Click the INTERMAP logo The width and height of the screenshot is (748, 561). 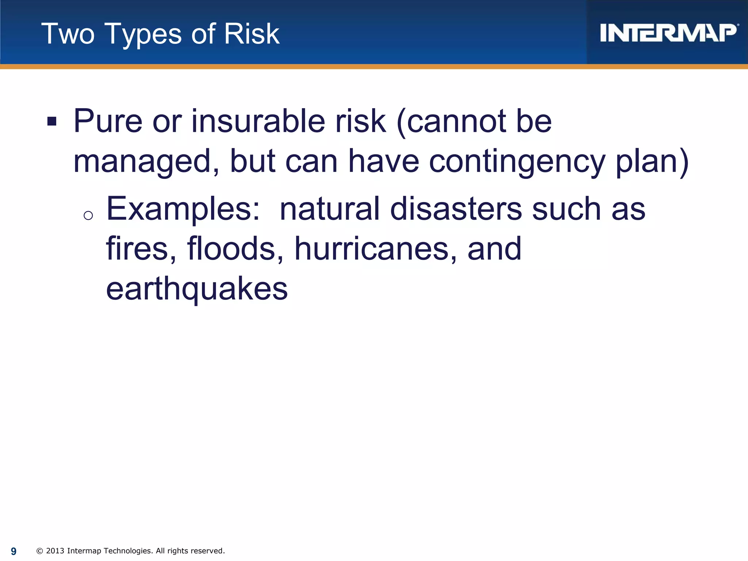668,33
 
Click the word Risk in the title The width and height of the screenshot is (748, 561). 252,34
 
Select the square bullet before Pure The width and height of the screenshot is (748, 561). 52,121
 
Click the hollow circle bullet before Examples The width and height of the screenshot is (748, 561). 88,215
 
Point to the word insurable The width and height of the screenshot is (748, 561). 258,121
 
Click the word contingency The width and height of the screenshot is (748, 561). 517,162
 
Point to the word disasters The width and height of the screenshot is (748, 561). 456,209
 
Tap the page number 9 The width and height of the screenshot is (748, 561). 14,551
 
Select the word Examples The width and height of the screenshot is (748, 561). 183,209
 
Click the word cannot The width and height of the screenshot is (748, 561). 456,121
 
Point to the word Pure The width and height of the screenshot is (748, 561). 108,121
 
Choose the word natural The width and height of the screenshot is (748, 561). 330,209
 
